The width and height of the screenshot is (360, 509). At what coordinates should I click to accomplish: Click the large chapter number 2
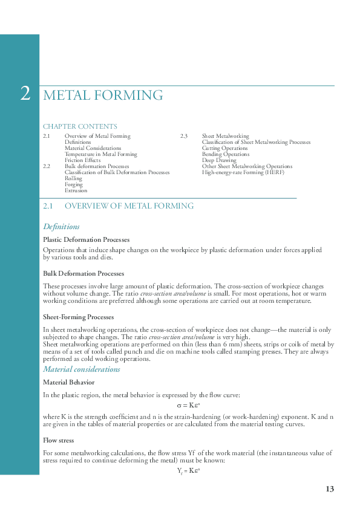25,94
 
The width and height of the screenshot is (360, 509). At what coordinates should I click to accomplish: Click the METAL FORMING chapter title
103,96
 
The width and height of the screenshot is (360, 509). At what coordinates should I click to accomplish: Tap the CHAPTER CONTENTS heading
80,126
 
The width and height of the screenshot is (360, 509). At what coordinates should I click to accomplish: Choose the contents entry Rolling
73,178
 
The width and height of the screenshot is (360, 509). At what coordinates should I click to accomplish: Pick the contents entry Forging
74,184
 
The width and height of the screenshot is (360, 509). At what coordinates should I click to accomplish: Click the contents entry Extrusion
76,190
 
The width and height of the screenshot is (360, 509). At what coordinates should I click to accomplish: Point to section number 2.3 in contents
184,136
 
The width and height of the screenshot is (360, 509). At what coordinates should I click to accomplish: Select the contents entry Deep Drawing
219,160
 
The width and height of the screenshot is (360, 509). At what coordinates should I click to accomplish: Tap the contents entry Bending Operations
225,154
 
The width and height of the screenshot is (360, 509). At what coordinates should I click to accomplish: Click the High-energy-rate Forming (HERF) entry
243,172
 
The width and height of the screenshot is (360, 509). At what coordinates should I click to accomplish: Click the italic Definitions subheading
61,227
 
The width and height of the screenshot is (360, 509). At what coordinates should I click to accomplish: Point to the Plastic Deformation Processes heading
86,240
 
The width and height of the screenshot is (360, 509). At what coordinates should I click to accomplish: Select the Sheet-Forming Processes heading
78,317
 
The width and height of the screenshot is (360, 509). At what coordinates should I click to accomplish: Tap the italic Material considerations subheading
82,369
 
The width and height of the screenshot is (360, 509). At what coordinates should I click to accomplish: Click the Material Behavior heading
68,383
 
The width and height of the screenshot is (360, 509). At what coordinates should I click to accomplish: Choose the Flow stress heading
58,440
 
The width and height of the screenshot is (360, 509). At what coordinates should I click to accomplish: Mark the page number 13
329,489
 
